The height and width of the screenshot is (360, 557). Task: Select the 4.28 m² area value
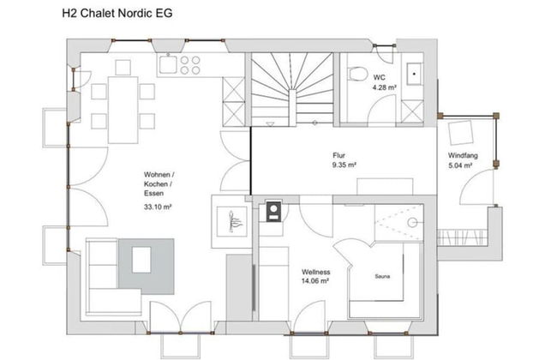(x=382, y=87)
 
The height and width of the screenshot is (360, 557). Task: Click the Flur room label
(x=339, y=155)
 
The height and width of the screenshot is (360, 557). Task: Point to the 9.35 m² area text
(x=344, y=165)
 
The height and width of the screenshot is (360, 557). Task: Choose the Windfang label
(x=463, y=155)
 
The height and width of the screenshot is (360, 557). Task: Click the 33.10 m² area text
(x=158, y=207)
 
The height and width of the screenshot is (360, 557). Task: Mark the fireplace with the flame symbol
(x=232, y=223)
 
